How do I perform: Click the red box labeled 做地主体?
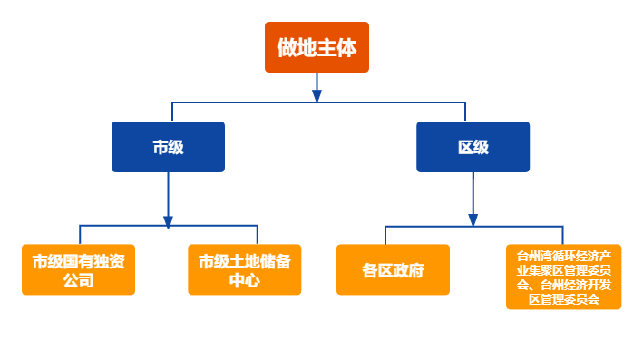317,47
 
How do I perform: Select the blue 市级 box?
168,147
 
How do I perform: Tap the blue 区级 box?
473,147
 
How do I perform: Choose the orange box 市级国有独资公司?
79,269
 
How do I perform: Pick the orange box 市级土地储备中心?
244,269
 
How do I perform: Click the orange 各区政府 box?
393,269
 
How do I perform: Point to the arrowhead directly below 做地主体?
317,94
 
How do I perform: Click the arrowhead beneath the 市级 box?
168,220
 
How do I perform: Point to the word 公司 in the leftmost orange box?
79,280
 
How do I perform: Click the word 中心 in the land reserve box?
244,280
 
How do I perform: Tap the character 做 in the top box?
287,47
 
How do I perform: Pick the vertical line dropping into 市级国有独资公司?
80,234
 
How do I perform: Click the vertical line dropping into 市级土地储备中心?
258,234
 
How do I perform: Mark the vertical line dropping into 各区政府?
385,235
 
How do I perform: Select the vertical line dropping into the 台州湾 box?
561,235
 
